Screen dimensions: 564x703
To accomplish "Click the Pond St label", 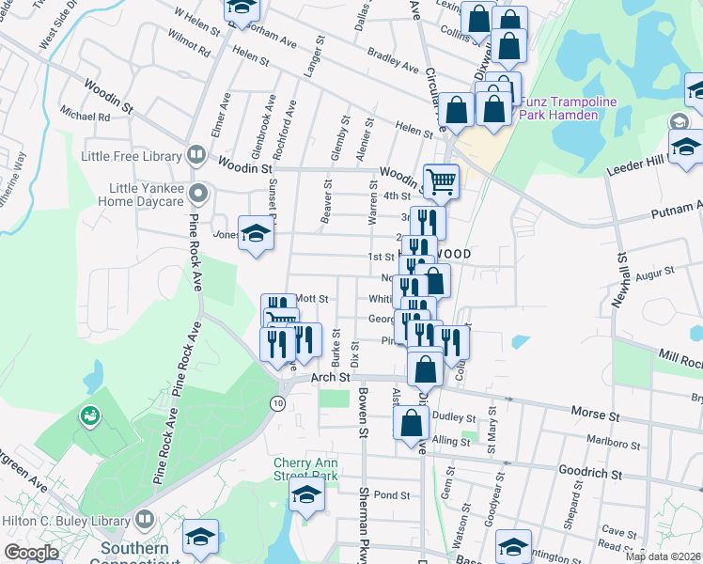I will [x=392, y=495].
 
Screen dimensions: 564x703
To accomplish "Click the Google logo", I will [x=31, y=554].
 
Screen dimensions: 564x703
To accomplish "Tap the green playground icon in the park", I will [x=89, y=414].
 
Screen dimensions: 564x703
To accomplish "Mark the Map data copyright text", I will [x=662, y=556].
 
